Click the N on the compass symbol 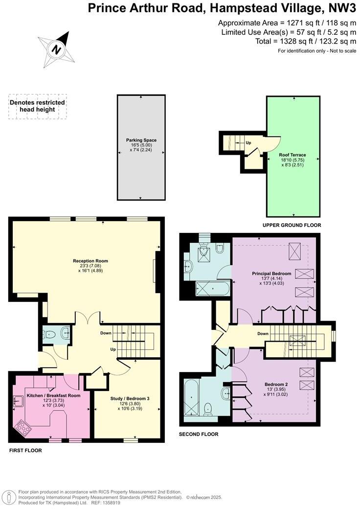pos(57,49)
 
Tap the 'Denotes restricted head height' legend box pos(37,106)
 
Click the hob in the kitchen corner pos(22,428)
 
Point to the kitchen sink pos(18,402)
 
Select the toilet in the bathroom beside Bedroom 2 pos(208,408)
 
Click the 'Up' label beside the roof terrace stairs pos(248,143)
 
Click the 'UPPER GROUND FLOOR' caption pos(292,225)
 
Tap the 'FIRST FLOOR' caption pos(25,450)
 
